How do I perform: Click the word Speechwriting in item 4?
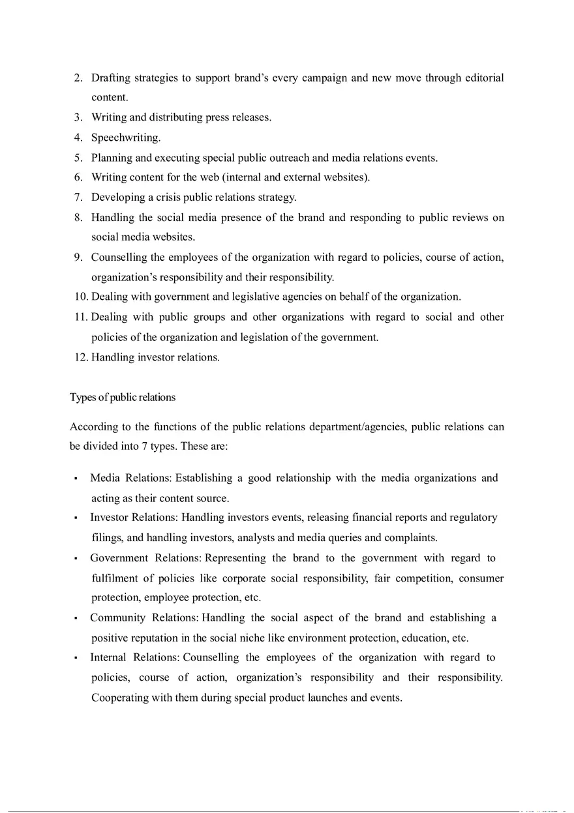125,138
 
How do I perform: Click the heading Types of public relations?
123,396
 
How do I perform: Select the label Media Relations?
130,478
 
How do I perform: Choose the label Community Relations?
144,617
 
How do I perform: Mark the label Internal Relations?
135,657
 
